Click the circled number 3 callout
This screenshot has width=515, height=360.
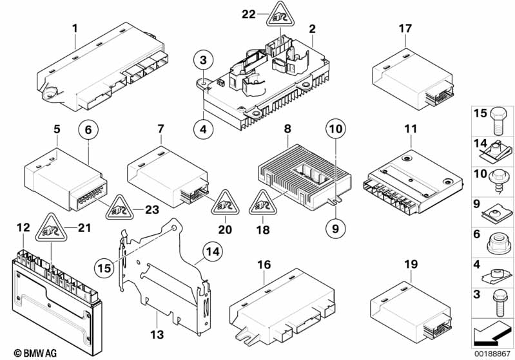[203, 61]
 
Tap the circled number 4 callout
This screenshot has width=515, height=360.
[203, 129]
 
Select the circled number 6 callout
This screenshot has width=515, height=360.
[88, 129]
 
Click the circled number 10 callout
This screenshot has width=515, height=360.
[335, 129]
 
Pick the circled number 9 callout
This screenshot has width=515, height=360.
[335, 229]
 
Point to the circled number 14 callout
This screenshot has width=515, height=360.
[213, 252]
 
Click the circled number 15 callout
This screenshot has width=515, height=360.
[104, 268]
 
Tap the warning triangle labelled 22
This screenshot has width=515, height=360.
[280, 15]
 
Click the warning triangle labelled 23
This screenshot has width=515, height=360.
[119, 208]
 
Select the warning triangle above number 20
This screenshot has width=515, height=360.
[226, 204]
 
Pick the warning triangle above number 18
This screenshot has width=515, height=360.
[263, 204]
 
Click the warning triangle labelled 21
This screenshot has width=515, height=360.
[51, 229]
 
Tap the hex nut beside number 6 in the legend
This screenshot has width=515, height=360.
[499, 243]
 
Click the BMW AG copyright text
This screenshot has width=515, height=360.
[35, 353]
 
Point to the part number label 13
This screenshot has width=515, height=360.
[157, 335]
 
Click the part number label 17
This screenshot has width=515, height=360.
[405, 28]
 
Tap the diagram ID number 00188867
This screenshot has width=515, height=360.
[492, 354]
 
